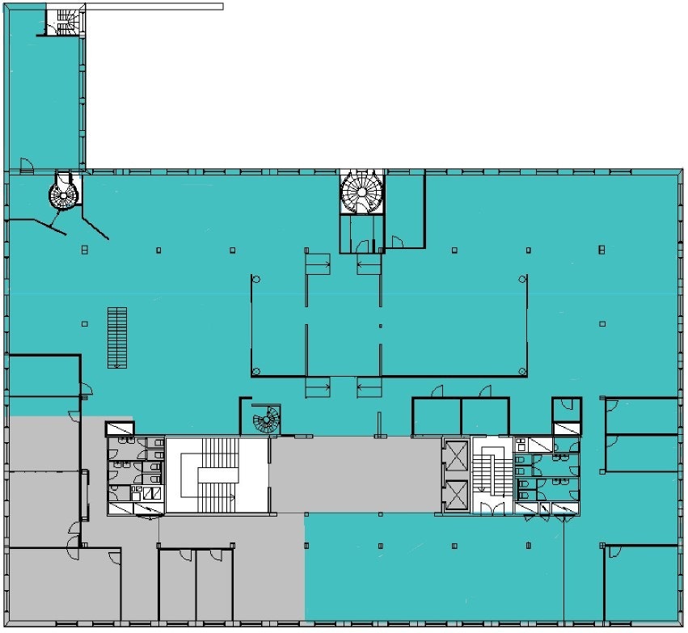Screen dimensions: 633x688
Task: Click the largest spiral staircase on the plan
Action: coord(361,192)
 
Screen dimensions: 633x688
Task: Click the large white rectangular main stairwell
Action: coord(217,475)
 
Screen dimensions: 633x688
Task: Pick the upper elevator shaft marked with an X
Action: coord(456,456)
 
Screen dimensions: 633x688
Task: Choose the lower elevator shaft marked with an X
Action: coord(456,495)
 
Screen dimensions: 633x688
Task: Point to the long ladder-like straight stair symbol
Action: coord(117,337)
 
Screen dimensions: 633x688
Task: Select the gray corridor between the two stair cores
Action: coord(356,475)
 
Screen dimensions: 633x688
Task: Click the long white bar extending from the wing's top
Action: coord(154,6)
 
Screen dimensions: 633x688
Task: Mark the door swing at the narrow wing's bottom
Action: coord(27,166)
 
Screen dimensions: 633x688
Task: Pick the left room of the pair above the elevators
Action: coord(437,416)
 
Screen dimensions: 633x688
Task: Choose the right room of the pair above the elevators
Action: coord(485,416)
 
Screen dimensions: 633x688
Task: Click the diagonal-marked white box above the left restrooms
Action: coord(120,428)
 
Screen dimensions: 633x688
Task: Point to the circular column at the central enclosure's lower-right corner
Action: coord(523,371)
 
